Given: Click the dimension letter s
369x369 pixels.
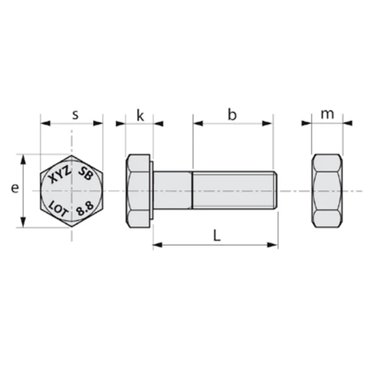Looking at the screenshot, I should (x=75, y=114).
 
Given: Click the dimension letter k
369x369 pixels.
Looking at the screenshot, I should (x=140, y=115).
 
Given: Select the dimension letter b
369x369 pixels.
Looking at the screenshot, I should (x=232, y=114).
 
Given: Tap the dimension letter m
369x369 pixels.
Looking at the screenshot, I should (x=327, y=114).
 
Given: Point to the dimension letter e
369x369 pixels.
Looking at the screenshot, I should (x=14, y=189).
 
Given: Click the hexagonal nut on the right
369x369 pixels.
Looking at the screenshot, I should (x=327, y=191).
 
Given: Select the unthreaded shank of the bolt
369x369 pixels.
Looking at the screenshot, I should (x=173, y=191).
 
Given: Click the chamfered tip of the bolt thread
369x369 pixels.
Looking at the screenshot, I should (x=275, y=191).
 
